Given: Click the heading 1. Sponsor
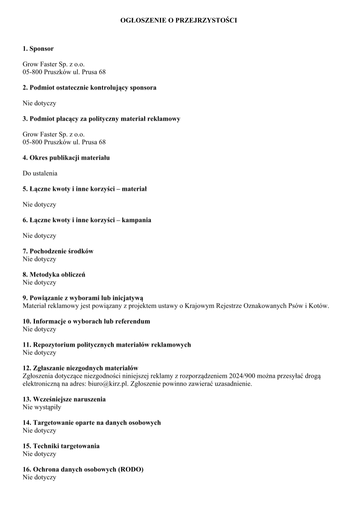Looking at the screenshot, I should tap(38, 49).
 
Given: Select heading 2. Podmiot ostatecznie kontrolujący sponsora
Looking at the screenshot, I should tap(89, 87).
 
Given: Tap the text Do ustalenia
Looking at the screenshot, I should tap(40, 173).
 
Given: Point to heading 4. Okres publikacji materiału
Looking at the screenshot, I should tap(66, 157).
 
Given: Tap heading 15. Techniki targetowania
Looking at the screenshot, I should tap(61, 446).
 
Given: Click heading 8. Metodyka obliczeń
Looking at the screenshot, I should tap(54, 275).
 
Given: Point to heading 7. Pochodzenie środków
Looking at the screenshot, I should tap(58, 251).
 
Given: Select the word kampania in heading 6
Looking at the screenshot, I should tap(136, 220).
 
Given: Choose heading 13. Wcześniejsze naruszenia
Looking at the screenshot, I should tap(64, 399).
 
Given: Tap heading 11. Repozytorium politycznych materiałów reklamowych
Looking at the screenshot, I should tap(107, 345).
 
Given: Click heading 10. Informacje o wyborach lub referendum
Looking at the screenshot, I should tap(86, 321).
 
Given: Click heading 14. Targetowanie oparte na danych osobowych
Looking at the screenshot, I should tap(91, 423).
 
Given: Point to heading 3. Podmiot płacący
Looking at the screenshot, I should tap(101, 119).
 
